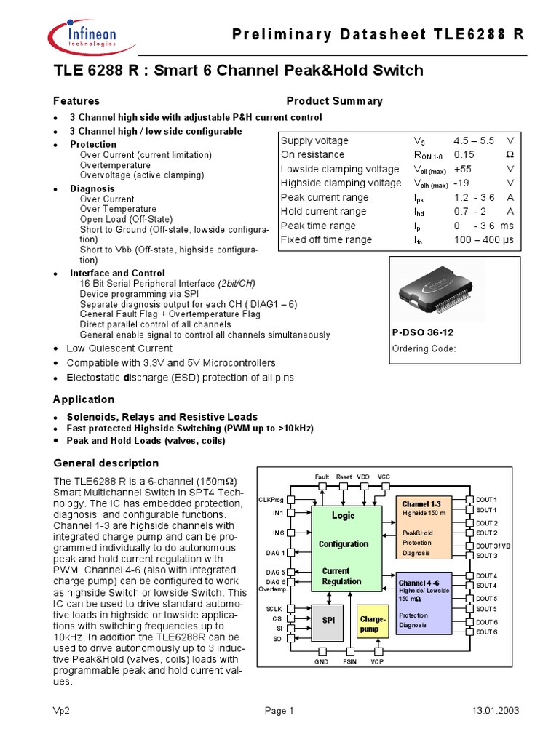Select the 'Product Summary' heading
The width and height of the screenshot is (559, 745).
tap(334, 101)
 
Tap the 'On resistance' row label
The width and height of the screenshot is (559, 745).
tap(312, 155)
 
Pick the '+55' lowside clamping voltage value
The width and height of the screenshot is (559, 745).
tap(465, 169)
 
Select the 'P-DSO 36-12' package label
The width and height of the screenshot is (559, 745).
tap(421, 332)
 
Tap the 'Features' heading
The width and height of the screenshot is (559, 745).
tap(76, 101)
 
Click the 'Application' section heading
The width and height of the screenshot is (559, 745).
tap(83, 399)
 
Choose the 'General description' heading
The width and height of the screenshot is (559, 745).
tap(106, 463)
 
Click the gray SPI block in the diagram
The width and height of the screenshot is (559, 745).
tap(330, 622)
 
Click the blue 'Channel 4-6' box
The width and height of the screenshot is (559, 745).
tap(424, 603)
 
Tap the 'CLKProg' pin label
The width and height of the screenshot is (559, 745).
tap(271, 500)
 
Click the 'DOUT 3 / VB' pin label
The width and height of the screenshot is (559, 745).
tap(493, 546)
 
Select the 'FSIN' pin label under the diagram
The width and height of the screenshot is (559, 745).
tap(349, 662)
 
